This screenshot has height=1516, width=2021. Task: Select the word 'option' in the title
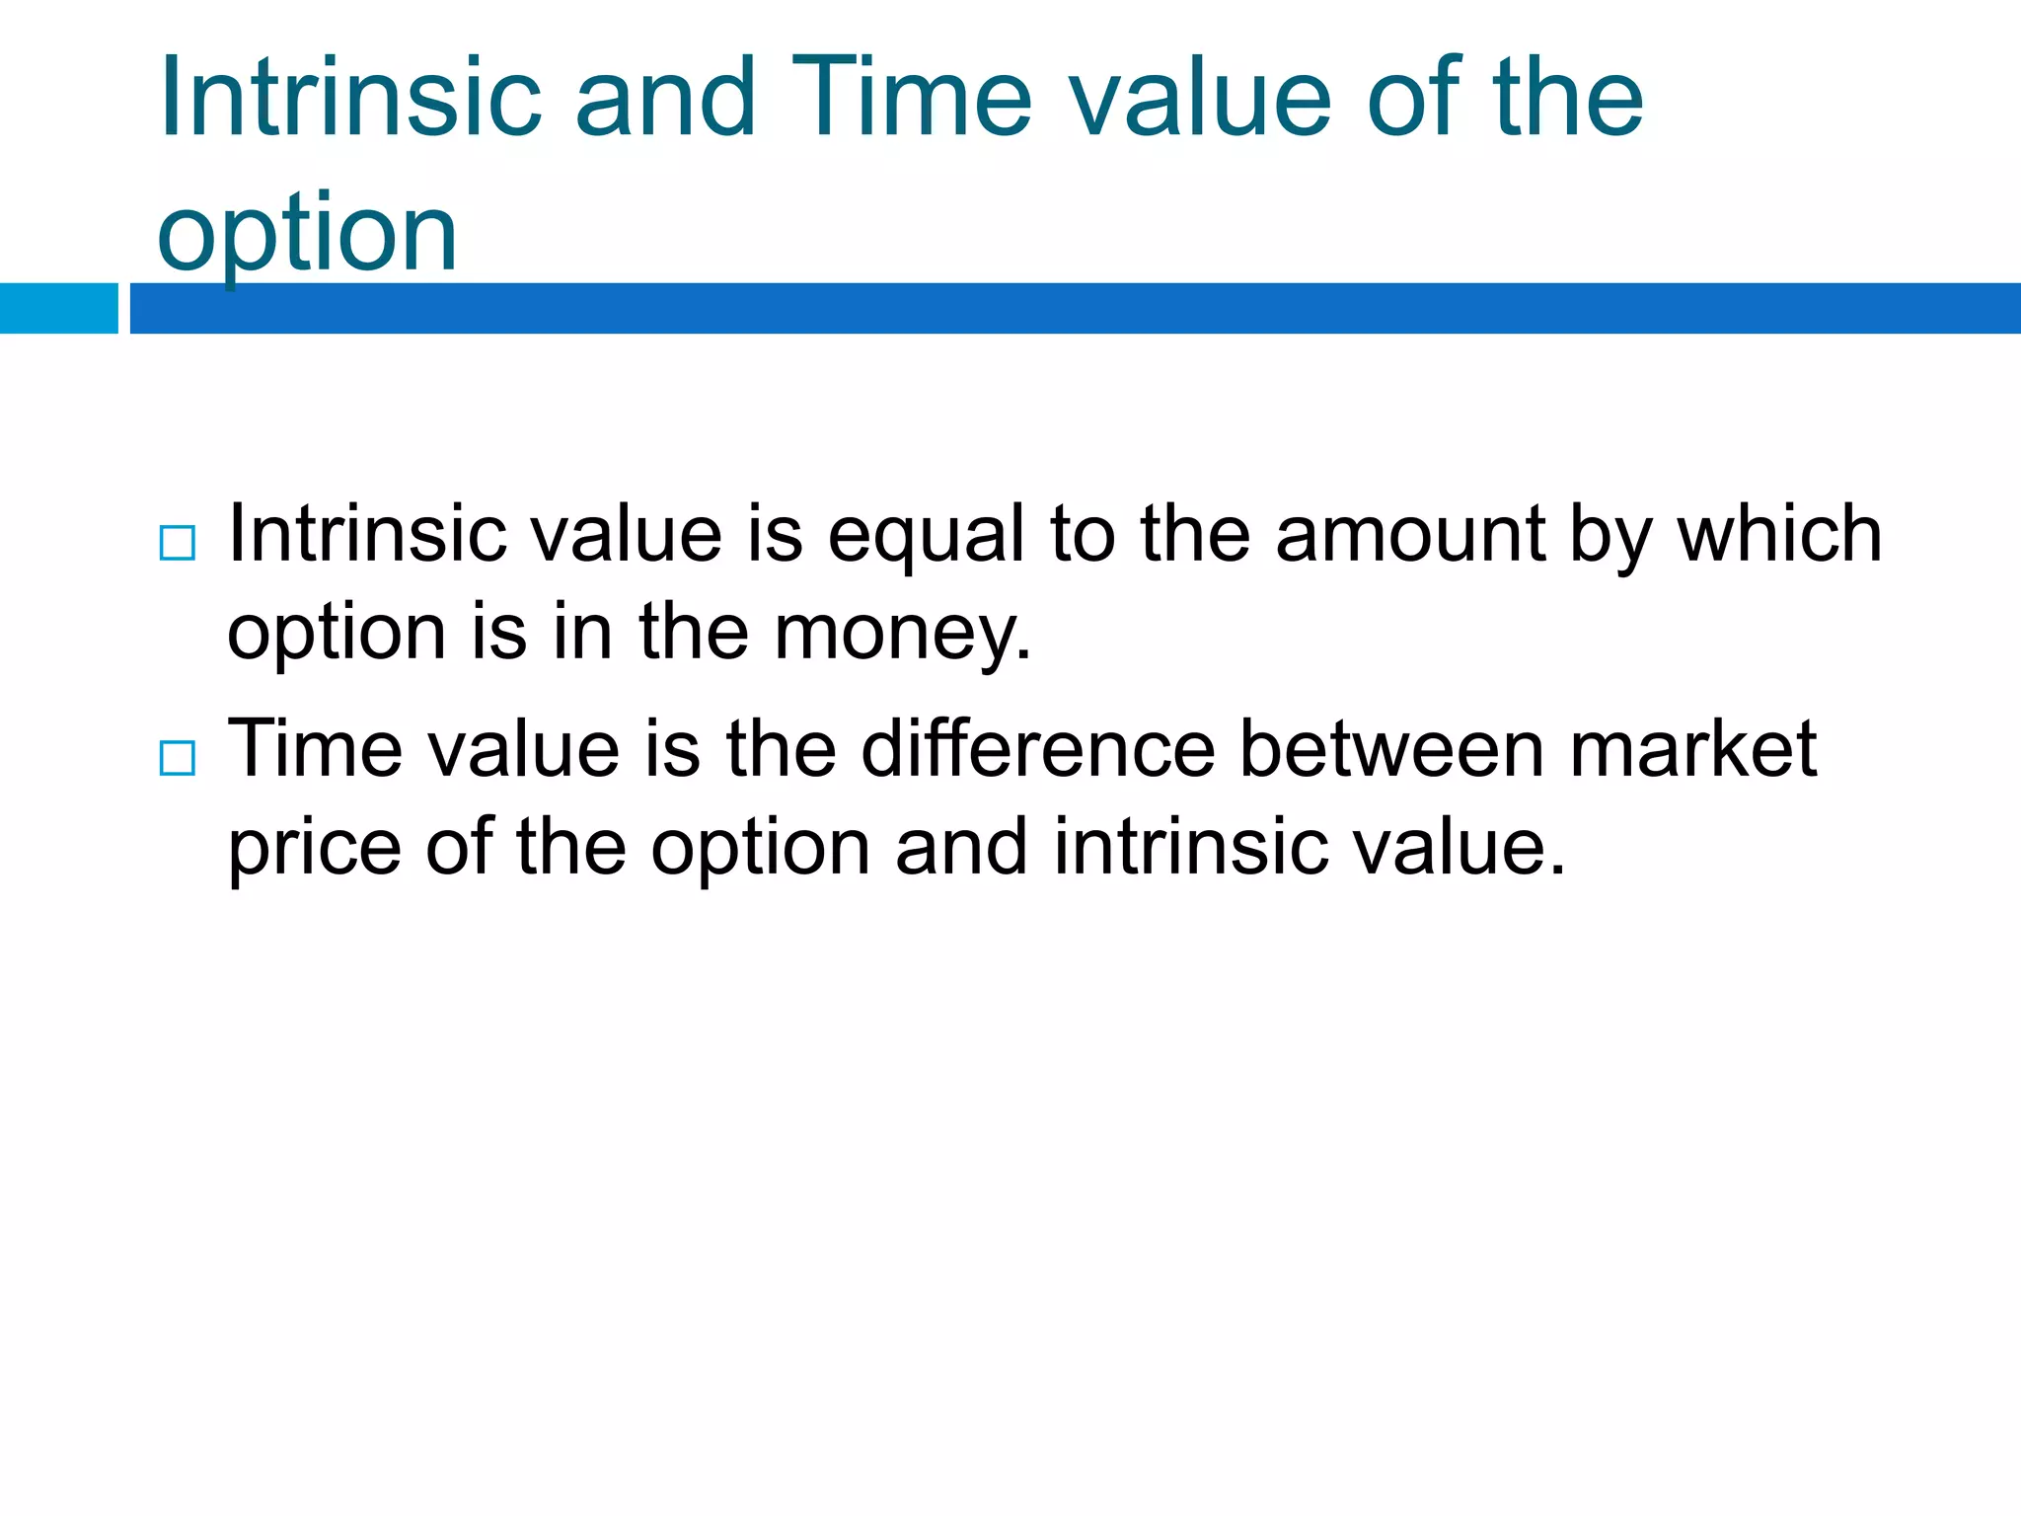point(307,233)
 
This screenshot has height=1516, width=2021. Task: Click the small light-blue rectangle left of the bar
point(58,308)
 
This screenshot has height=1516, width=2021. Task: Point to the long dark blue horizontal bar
point(1075,308)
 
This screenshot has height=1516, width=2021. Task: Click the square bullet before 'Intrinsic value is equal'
point(178,544)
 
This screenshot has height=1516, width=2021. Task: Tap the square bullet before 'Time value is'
point(178,758)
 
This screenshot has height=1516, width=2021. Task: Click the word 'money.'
point(902,634)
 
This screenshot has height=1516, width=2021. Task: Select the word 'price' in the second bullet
point(315,849)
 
